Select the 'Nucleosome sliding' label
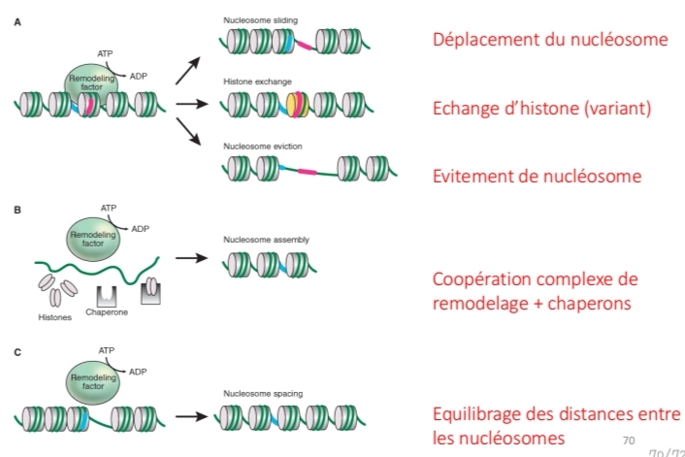[260, 19]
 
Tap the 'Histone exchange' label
[257, 82]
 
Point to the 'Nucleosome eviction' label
[262, 146]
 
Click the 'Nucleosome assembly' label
[264, 239]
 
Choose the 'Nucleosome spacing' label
[262, 394]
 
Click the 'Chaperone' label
[106, 311]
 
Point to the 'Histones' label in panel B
[55, 317]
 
